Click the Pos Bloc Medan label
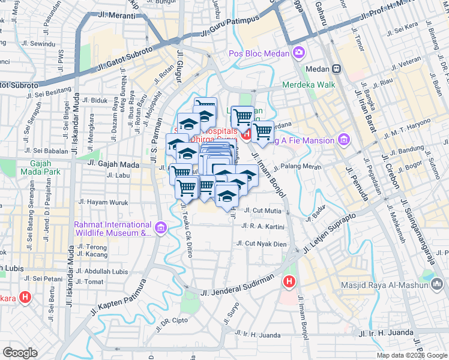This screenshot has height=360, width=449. tap(260, 53)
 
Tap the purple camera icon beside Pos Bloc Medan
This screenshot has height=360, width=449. tap(299, 53)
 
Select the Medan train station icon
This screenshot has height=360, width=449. tap(338, 69)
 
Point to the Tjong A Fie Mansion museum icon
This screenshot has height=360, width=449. tap(344, 140)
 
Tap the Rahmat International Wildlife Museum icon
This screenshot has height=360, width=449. tap(160, 228)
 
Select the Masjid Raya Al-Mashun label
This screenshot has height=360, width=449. tap(385, 285)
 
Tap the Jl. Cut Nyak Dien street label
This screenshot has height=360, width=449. tap(266, 244)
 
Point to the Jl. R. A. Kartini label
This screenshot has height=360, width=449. tap(262, 226)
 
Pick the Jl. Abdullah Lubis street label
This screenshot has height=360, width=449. tap(106, 271)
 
